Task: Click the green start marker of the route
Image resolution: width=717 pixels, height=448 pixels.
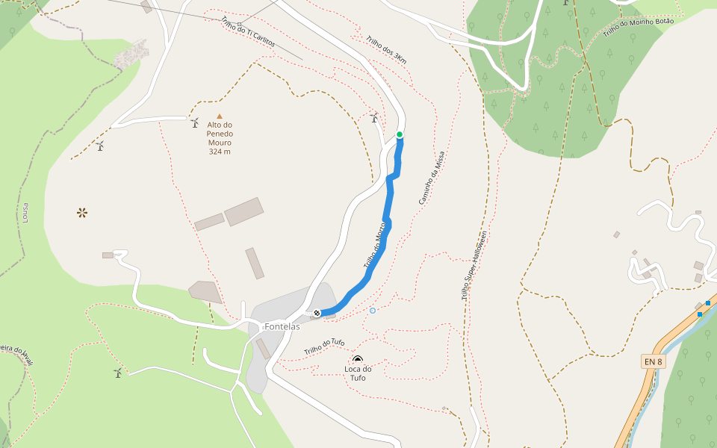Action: tap(400, 134)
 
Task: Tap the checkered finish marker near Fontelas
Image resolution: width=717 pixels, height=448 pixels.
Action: tap(317, 314)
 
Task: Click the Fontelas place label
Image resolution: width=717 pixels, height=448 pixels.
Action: tap(282, 326)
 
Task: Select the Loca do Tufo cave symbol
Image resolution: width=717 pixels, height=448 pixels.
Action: tap(358, 360)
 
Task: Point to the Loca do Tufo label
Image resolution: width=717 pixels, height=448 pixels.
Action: tap(358, 373)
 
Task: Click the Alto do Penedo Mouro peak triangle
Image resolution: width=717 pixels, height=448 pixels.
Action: tap(220, 115)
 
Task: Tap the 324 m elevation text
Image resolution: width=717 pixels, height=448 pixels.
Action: tap(220, 152)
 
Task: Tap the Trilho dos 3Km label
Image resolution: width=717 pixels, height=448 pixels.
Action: tap(386, 49)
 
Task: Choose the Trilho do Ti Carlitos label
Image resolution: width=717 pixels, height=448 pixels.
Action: tap(248, 33)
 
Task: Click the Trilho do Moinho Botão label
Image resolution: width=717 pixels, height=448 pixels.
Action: tap(638, 27)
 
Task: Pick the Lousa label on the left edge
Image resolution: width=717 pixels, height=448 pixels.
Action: tap(25, 213)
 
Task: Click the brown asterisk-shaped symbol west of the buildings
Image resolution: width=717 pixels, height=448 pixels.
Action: tap(81, 213)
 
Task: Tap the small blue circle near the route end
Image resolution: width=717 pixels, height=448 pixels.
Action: tap(373, 310)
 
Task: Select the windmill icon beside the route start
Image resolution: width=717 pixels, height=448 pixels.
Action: tap(375, 117)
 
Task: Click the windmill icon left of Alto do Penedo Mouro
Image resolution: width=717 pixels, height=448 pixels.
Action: tap(194, 122)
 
